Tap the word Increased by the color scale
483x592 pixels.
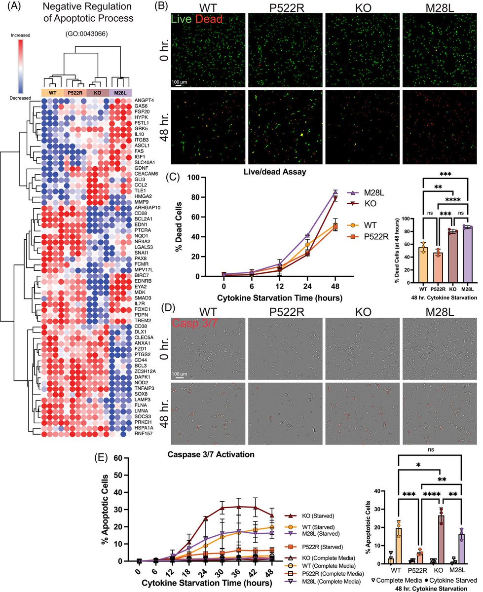coord(18,36)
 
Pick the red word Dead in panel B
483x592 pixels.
coord(212,19)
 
